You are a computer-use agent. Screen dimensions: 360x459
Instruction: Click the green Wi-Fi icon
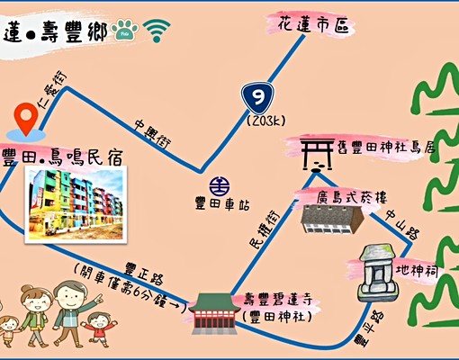(x=158, y=32)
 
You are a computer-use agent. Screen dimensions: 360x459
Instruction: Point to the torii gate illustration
(x=315, y=154)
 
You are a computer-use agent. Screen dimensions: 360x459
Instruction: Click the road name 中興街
(x=154, y=131)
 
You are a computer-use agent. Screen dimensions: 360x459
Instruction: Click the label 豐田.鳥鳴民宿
(x=64, y=152)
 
